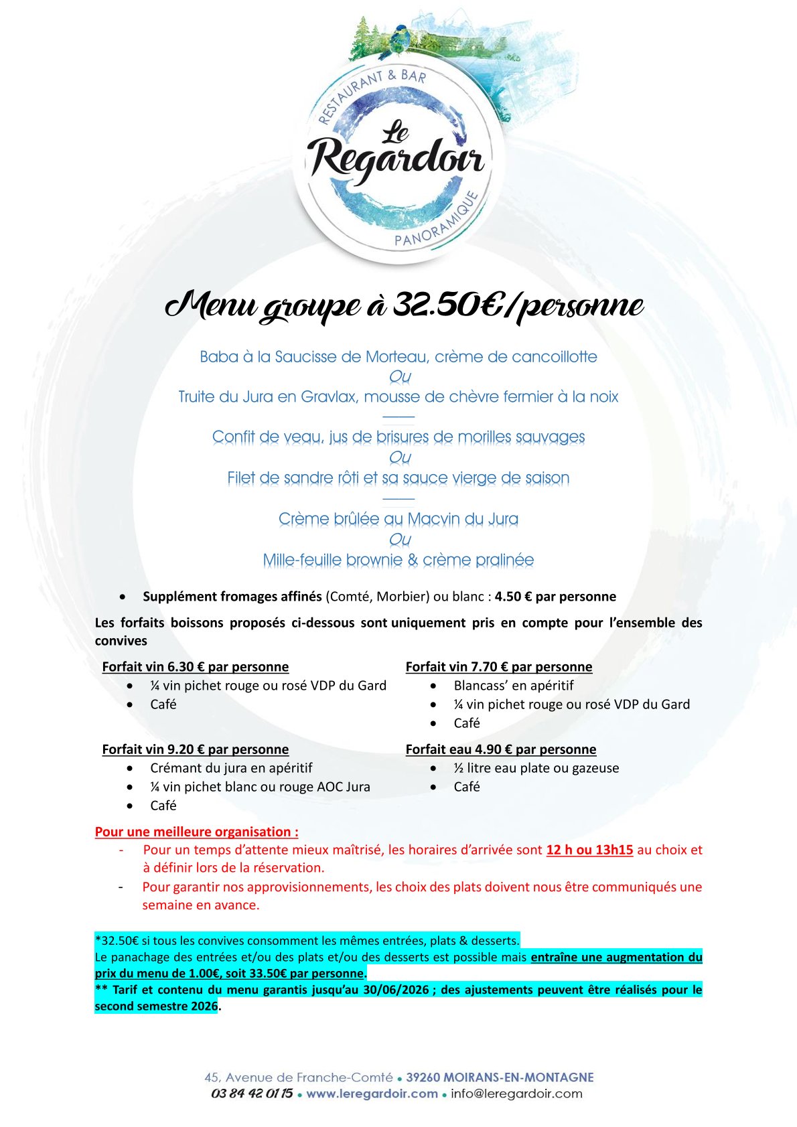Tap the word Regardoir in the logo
coord(397,159)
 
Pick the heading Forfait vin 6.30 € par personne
coord(196,667)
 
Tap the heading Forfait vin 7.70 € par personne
coord(499,667)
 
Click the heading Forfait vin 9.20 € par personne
coord(196,749)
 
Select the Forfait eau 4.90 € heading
coord(501,749)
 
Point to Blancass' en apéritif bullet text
coord(514,686)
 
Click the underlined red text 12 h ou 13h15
coord(589,850)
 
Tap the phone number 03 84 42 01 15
coord(252,1094)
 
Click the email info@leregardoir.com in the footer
coord(516,1094)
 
